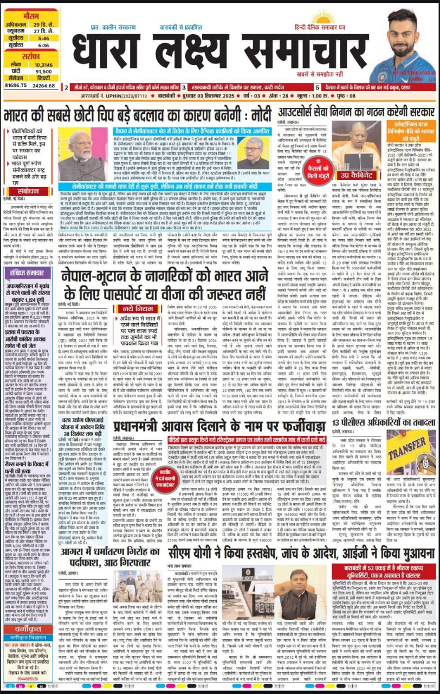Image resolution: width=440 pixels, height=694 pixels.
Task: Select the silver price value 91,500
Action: coord(43,71)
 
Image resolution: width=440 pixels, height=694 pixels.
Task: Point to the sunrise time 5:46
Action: coord(44,38)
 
